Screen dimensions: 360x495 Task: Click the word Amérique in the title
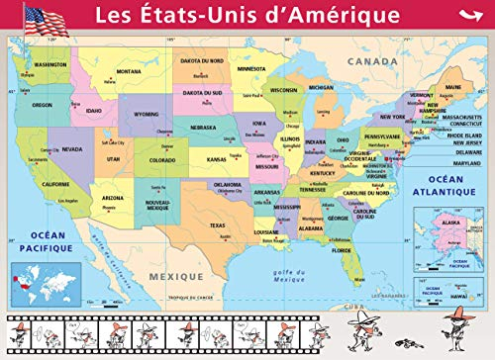326,16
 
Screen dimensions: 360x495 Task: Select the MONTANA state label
129,71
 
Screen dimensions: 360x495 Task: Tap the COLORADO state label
162,159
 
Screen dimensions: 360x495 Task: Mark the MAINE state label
453,87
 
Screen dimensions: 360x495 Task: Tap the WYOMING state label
147,114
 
